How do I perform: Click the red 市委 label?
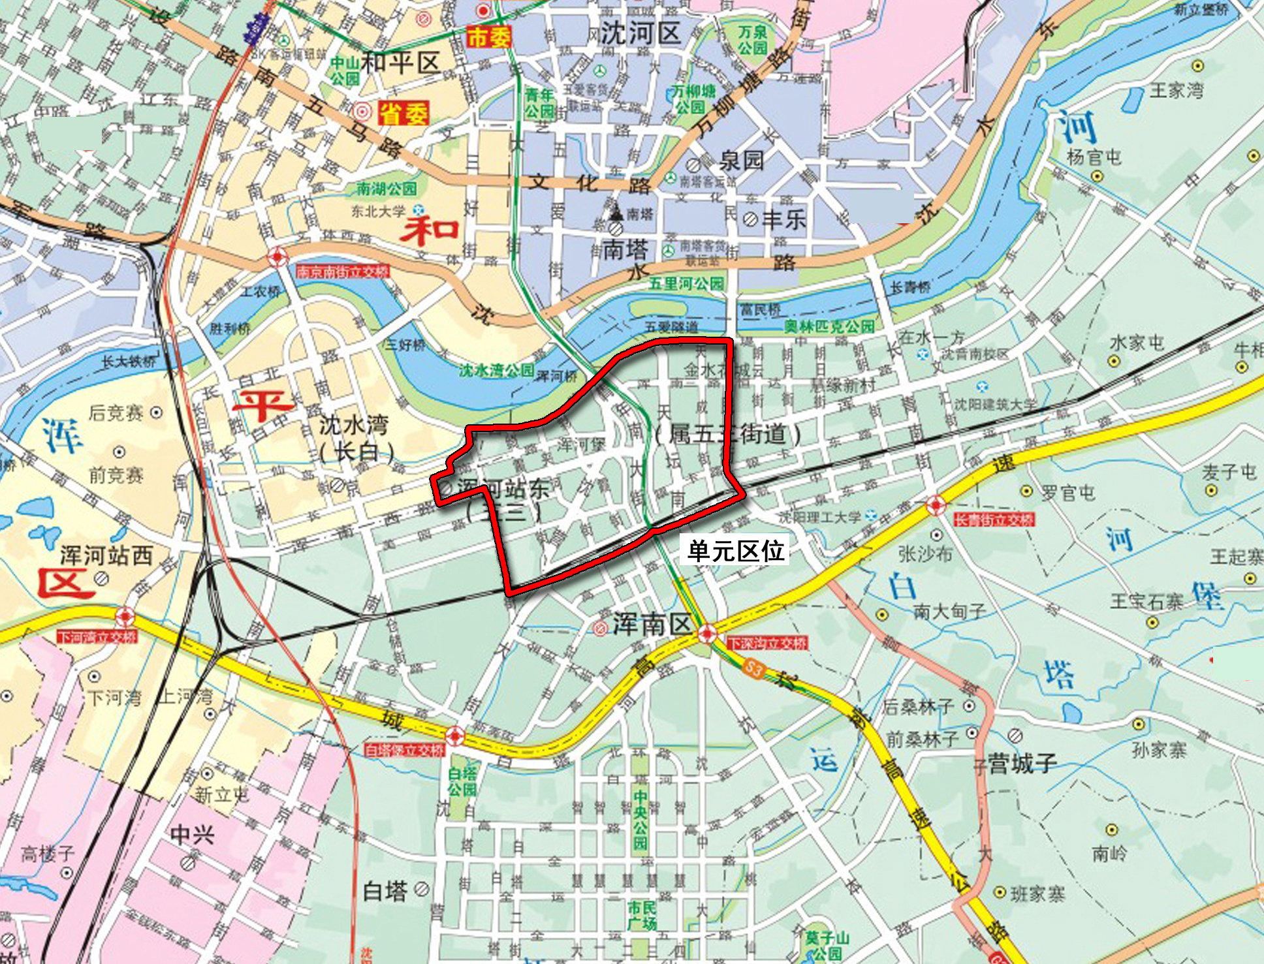[488, 37]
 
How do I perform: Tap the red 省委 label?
[405, 114]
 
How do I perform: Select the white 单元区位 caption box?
[736, 551]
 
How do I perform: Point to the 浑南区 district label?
[652, 625]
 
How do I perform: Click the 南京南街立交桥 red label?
[343, 272]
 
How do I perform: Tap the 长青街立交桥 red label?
[994, 520]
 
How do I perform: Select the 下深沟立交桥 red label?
[767, 644]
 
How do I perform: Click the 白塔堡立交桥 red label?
[405, 751]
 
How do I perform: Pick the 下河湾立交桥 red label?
[97, 636]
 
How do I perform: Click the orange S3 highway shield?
[753, 668]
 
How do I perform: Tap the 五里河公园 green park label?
[686, 284]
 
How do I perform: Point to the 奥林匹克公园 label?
[829, 326]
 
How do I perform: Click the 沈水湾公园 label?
[496, 371]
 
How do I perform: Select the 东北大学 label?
[378, 211]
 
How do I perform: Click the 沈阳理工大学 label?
[820, 518]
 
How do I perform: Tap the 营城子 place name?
[1022, 762]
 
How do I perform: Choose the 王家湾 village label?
[1176, 90]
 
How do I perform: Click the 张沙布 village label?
[924, 554]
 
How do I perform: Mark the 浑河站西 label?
[106, 555]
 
